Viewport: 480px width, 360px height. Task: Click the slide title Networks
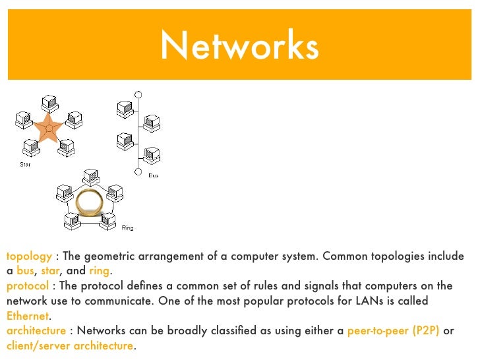(239, 46)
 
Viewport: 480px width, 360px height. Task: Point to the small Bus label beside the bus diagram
(153, 176)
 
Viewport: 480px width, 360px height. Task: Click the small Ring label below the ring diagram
(127, 228)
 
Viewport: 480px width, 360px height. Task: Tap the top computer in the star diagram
(49, 102)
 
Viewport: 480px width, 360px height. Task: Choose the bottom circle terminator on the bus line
(138, 172)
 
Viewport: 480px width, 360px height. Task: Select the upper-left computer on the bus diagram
(123, 107)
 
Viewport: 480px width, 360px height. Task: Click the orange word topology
(29, 256)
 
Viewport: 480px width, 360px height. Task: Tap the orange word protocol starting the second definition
(27, 286)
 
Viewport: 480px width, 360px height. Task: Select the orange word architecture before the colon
(36, 331)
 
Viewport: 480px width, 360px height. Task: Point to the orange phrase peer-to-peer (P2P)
(393, 331)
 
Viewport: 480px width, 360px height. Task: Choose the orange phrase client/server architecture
(70, 346)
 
